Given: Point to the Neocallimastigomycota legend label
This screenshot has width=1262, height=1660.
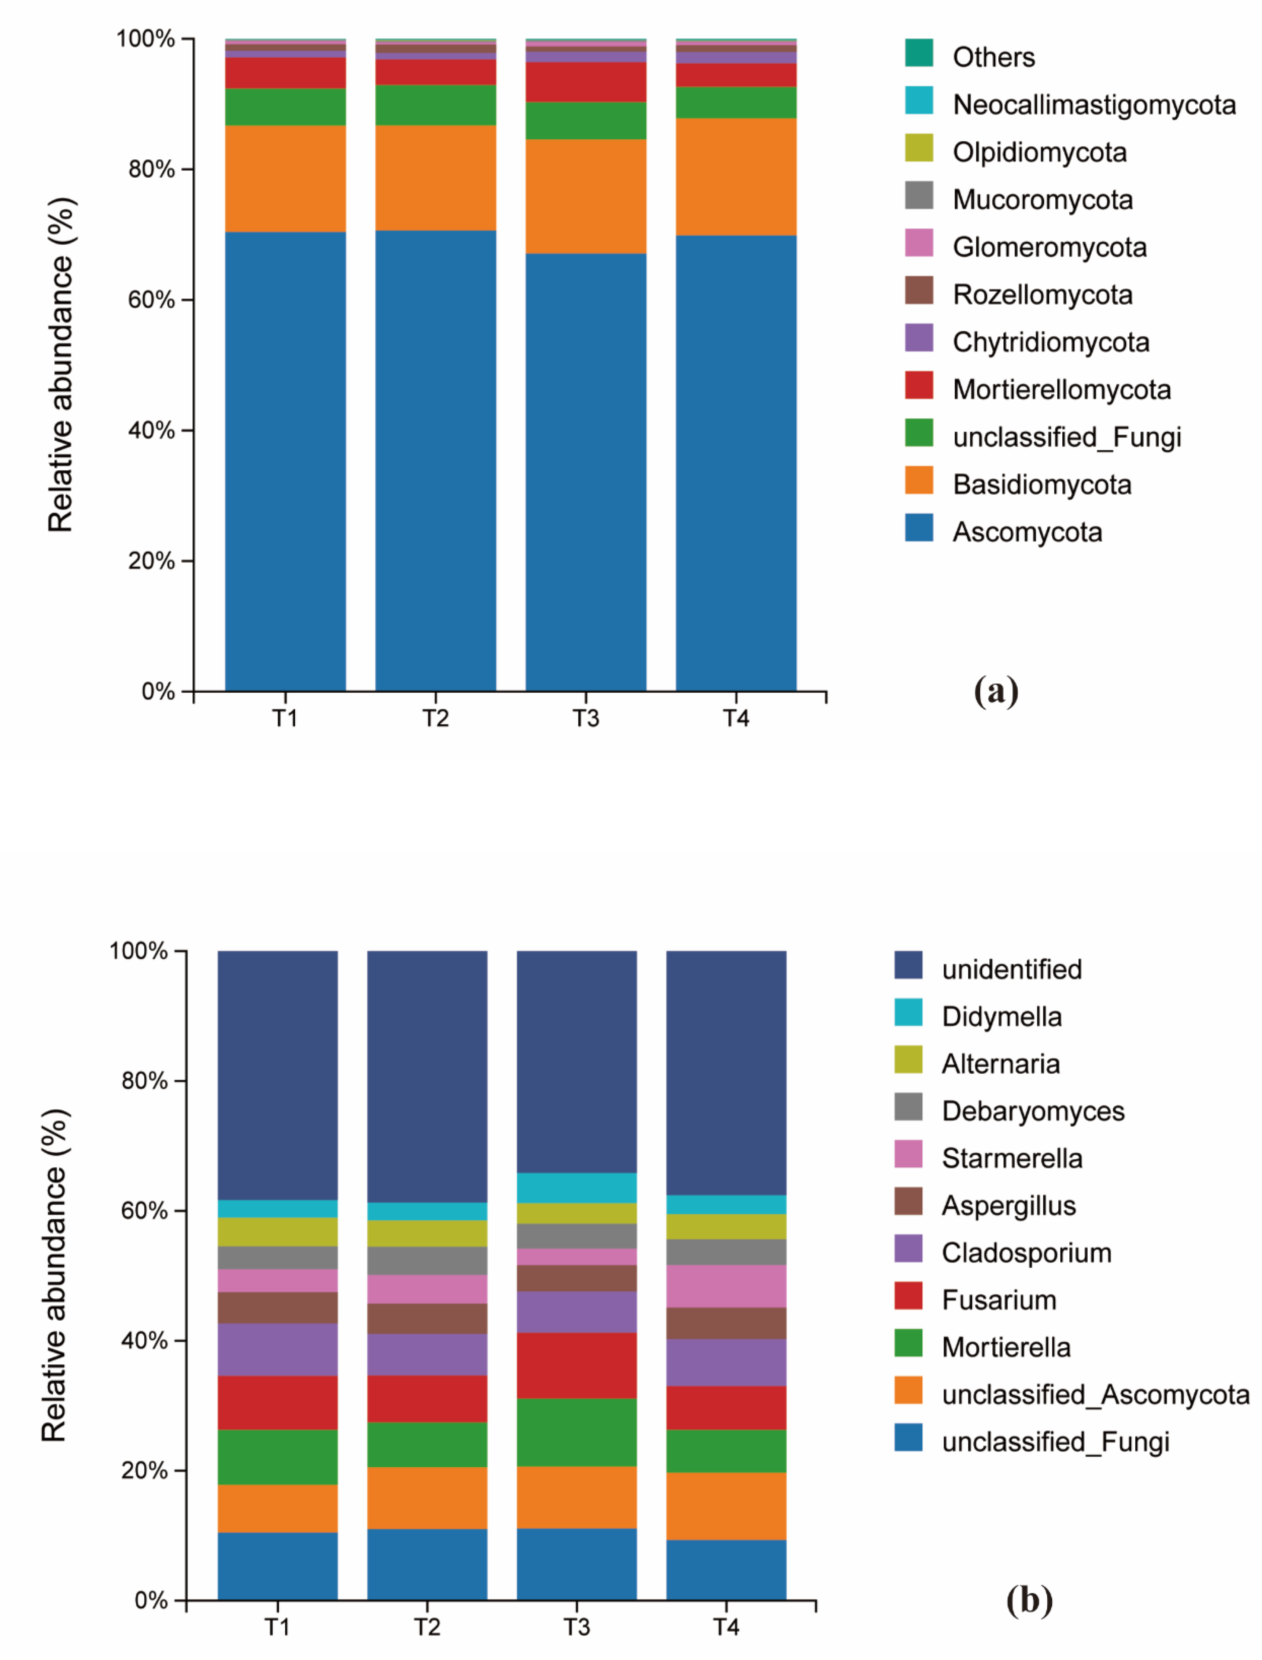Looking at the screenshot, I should point(1094,104).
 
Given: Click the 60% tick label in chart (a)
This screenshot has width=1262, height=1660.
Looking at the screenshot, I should point(151,300).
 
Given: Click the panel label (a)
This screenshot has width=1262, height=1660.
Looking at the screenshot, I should point(996,689).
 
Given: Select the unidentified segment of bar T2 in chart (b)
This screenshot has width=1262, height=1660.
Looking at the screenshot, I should point(427,1076).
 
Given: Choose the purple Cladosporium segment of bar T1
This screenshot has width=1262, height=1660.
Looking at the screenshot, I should point(277,1349).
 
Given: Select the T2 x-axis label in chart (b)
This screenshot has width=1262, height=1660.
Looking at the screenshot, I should point(427,1627).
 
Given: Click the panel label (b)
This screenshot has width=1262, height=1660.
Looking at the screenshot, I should point(1029,1600).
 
